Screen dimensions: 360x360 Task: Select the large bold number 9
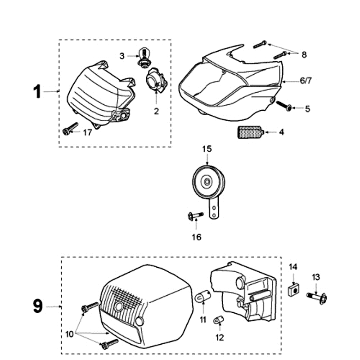pos(38,306)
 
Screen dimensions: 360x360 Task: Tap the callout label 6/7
pos(305,81)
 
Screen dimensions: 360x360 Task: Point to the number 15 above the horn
pos(207,148)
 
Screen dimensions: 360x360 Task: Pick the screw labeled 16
pos(195,216)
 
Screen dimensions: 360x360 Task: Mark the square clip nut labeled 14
pos(293,289)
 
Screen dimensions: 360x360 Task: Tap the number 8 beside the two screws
pos(304,54)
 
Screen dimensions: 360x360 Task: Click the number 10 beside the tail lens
pos(69,334)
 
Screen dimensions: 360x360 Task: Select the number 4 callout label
pos(281,132)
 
